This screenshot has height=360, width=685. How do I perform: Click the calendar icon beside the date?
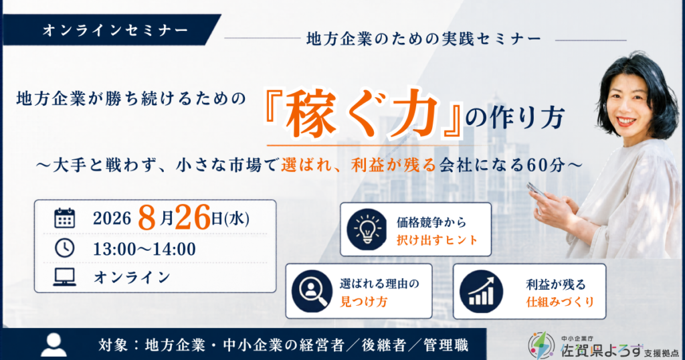[x=65, y=218]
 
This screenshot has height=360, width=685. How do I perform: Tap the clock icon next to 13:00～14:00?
[x=65, y=248]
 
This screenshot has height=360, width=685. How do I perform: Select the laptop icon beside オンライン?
[x=65, y=277]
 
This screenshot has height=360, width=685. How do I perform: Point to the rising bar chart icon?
[x=482, y=291]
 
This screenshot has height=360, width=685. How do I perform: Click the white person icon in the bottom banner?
[x=54, y=345]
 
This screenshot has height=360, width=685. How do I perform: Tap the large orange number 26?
[x=193, y=217]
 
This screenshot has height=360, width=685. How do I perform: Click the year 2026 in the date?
[x=112, y=218]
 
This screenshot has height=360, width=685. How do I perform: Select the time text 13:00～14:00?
[x=144, y=249]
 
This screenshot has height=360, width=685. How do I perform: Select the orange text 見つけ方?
[x=363, y=302]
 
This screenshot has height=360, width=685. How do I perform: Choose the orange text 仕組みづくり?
[x=560, y=302]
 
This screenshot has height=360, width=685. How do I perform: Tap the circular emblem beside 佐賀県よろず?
[x=542, y=345]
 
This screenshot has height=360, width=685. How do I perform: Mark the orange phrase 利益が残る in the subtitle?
[x=393, y=165]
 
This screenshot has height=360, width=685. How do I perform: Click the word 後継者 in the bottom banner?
[x=384, y=345]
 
